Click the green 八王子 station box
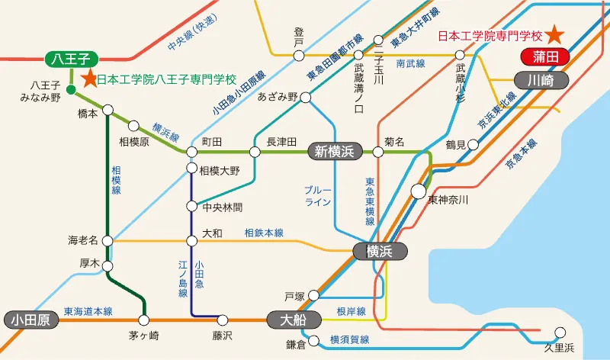pyautogui.click(x=69, y=58)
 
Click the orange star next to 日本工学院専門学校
pyautogui.click(x=556, y=34)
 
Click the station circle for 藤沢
pyautogui.click(x=223, y=320)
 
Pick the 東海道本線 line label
pyautogui.click(x=88, y=311)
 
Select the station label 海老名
pyautogui.click(x=84, y=240)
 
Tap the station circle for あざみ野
pyautogui.click(x=305, y=98)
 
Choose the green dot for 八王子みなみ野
pyautogui.click(x=70, y=90)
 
